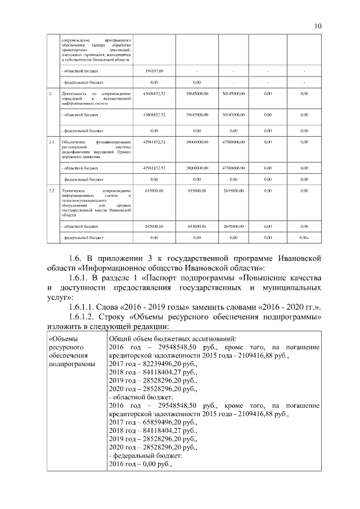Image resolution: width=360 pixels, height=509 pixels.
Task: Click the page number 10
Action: click(318, 26)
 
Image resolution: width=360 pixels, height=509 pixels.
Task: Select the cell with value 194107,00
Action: click(154, 71)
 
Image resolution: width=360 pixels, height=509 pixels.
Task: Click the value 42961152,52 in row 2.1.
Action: click(154, 142)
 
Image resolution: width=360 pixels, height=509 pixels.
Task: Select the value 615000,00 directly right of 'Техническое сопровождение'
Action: click(154, 192)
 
